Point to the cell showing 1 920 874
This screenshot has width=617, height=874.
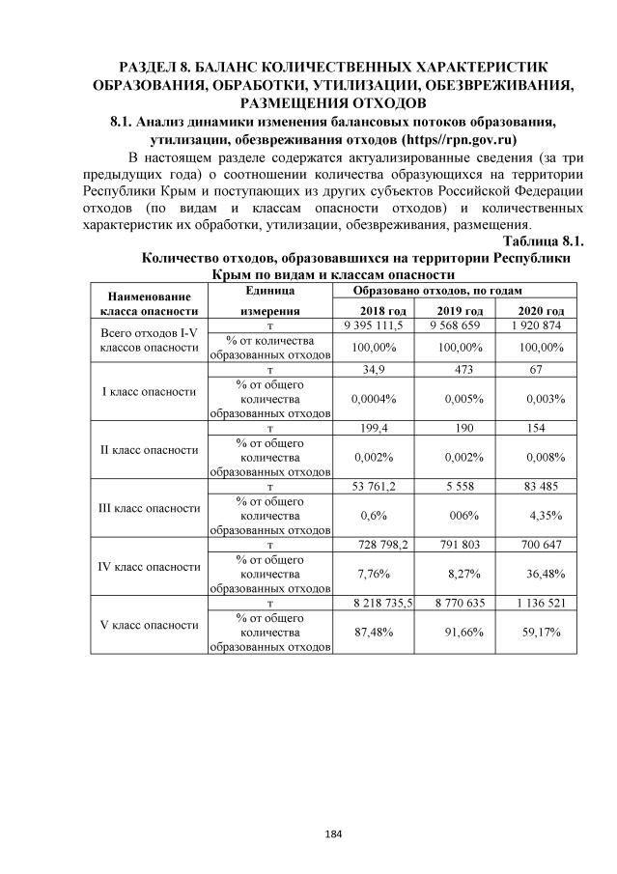tap(540, 326)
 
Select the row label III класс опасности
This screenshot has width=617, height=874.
tap(149, 507)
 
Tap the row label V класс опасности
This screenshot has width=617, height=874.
tap(149, 625)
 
